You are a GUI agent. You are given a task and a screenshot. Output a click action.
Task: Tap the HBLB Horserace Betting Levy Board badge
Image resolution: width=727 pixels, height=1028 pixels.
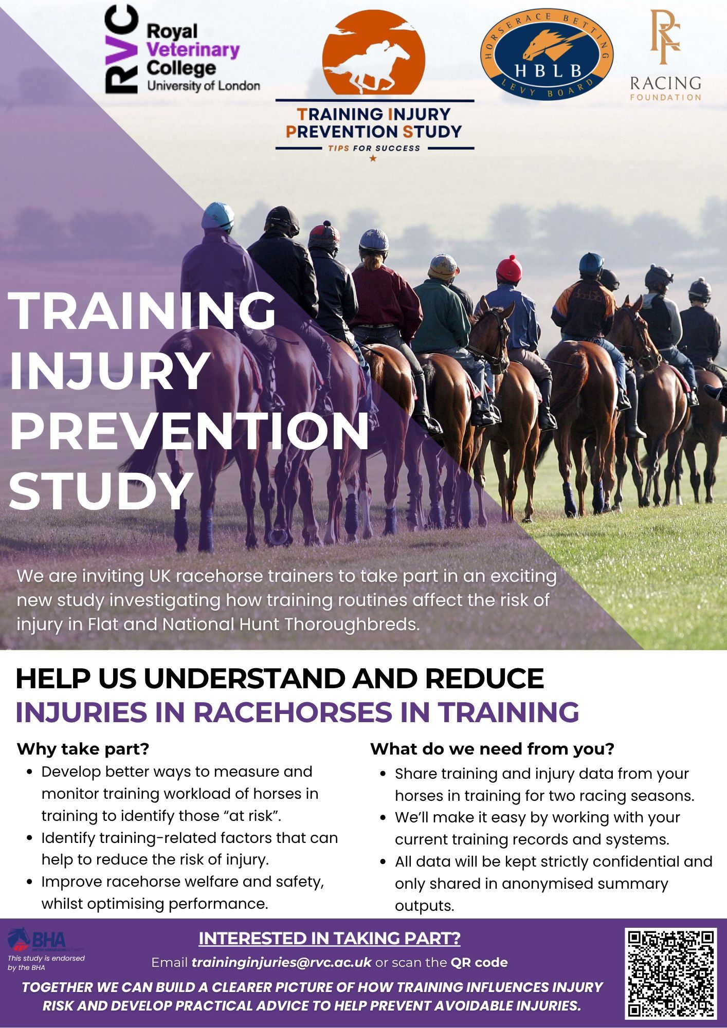pos(547,53)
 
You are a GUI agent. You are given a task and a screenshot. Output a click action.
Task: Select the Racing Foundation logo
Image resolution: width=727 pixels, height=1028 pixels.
pos(665,55)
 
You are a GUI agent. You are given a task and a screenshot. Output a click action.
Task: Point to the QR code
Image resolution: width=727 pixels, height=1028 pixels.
pos(670,974)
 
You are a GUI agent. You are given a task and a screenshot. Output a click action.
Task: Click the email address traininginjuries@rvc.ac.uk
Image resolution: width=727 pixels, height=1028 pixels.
pos(281,962)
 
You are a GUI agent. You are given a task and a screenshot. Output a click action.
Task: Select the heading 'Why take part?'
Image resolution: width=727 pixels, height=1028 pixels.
pos(83,749)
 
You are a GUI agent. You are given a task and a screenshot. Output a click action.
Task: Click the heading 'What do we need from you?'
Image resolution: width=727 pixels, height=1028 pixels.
pos(492,749)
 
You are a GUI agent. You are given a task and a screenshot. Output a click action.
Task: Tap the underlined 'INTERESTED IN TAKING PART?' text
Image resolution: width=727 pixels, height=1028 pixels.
pos(329,939)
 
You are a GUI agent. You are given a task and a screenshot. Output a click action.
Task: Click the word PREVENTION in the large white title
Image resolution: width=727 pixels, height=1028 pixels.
pos(189,429)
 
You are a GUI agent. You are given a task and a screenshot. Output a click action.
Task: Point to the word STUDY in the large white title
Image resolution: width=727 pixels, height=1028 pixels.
pos(101,490)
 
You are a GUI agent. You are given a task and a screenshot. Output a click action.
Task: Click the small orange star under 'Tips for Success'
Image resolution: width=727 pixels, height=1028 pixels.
pos(373,158)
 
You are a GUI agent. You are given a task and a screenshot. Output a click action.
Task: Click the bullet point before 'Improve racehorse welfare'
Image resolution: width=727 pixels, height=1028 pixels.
pos(30,882)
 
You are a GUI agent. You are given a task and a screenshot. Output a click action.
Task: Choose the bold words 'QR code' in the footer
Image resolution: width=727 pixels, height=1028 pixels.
pos(479,962)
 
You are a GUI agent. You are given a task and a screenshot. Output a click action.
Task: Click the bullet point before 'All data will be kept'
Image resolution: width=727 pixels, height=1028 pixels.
pos(384,862)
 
